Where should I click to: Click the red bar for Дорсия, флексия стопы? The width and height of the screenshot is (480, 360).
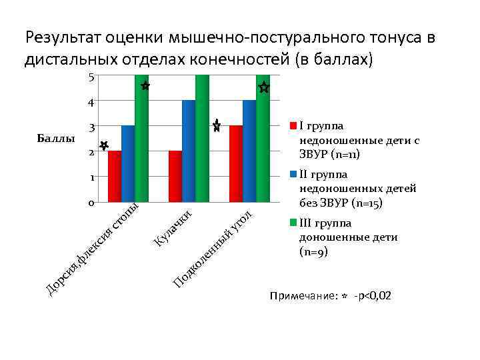click(115, 176)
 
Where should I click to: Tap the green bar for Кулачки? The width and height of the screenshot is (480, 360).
click(202, 138)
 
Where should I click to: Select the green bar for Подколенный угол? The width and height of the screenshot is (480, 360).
click(263, 138)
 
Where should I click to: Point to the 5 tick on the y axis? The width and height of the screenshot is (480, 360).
click(91, 77)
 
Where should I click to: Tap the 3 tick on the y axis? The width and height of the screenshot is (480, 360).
click(91, 127)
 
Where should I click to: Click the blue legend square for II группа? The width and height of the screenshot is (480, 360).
click(293, 175)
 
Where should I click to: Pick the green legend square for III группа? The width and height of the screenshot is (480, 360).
click(293, 224)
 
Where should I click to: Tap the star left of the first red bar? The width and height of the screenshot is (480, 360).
click(104, 145)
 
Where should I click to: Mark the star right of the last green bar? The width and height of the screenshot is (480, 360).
click(264, 87)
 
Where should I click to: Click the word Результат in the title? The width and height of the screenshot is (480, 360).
click(62, 37)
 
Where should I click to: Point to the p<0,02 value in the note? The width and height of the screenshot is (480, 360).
click(374, 295)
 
